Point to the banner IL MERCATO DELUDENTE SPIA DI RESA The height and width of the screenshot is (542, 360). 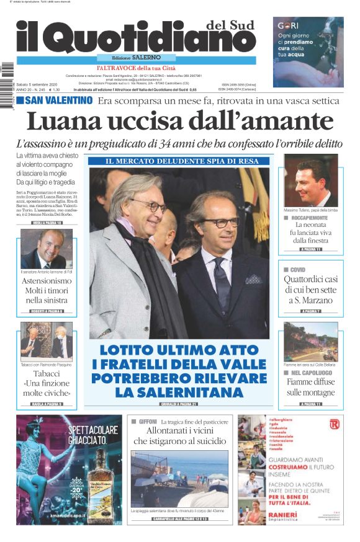coord(179,161)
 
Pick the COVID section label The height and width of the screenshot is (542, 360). coord(298,270)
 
